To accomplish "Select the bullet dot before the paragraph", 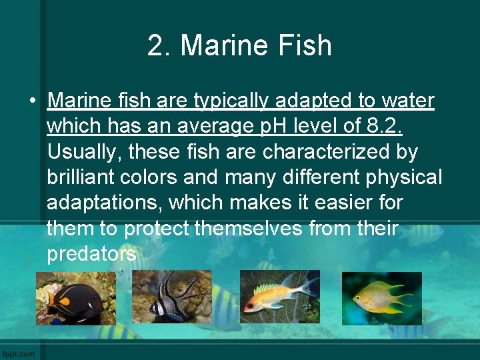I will coord(31,101).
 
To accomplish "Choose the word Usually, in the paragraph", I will coord(84,153).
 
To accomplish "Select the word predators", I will coord(92,254).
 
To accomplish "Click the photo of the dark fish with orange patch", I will coord(75,297).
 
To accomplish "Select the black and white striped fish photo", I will coord(171,297).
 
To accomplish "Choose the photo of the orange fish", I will coord(280,297).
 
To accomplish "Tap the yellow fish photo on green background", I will coord(381,298).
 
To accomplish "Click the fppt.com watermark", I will coord(19,353).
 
